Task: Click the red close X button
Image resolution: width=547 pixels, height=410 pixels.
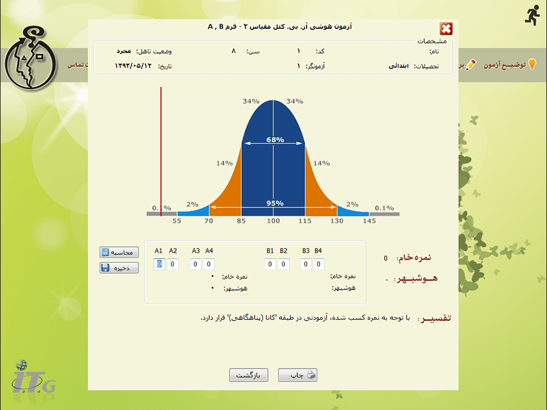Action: click(446, 29)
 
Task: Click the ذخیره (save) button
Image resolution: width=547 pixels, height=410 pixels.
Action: click(119, 268)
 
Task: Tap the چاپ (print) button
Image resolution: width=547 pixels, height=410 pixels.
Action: click(298, 375)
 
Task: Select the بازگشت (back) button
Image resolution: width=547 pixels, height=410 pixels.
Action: click(249, 375)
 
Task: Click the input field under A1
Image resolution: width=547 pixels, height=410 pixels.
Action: click(159, 264)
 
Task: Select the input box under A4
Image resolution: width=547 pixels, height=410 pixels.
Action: click(208, 264)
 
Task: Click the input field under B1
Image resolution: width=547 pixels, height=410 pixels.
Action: click(270, 264)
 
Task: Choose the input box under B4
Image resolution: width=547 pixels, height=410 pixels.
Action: click(318, 264)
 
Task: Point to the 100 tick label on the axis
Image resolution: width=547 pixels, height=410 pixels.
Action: click(273, 221)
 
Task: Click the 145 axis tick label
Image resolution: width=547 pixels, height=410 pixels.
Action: click(370, 221)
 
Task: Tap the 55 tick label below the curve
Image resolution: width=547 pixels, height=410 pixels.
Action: click(177, 221)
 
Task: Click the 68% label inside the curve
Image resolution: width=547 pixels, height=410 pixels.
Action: click(275, 140)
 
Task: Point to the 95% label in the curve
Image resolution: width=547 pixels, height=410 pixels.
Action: click(275, 203)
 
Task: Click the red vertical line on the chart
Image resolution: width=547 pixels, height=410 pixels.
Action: click(161, 151)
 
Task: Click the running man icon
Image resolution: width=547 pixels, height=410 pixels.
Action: click(532, 16)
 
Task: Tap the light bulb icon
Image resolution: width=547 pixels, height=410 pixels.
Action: click(532, 64)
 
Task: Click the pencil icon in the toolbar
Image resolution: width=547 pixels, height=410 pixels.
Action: click(470, 65)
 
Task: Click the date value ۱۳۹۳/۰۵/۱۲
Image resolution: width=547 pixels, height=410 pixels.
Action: click(133, 66)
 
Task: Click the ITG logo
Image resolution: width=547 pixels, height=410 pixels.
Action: click(33, 378)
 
